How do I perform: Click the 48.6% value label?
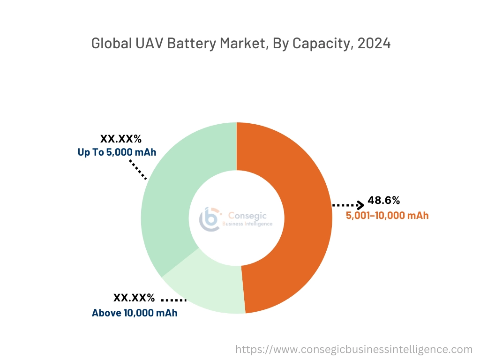coord(383,201)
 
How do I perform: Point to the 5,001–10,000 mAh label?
coord(387,216)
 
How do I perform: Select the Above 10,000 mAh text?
coord(135,313)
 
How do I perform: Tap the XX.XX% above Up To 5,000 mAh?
coord(121,139)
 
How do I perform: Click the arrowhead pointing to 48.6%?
coord(360,205)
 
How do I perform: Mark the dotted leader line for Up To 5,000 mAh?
coord(138,170)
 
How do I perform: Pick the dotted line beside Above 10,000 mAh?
coord(174,300)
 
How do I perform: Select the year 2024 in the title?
coord(374,44)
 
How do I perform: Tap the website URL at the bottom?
coord(353,349)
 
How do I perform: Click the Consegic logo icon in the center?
coord(210,218)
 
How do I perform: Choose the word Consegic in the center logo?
coord(247,216)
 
